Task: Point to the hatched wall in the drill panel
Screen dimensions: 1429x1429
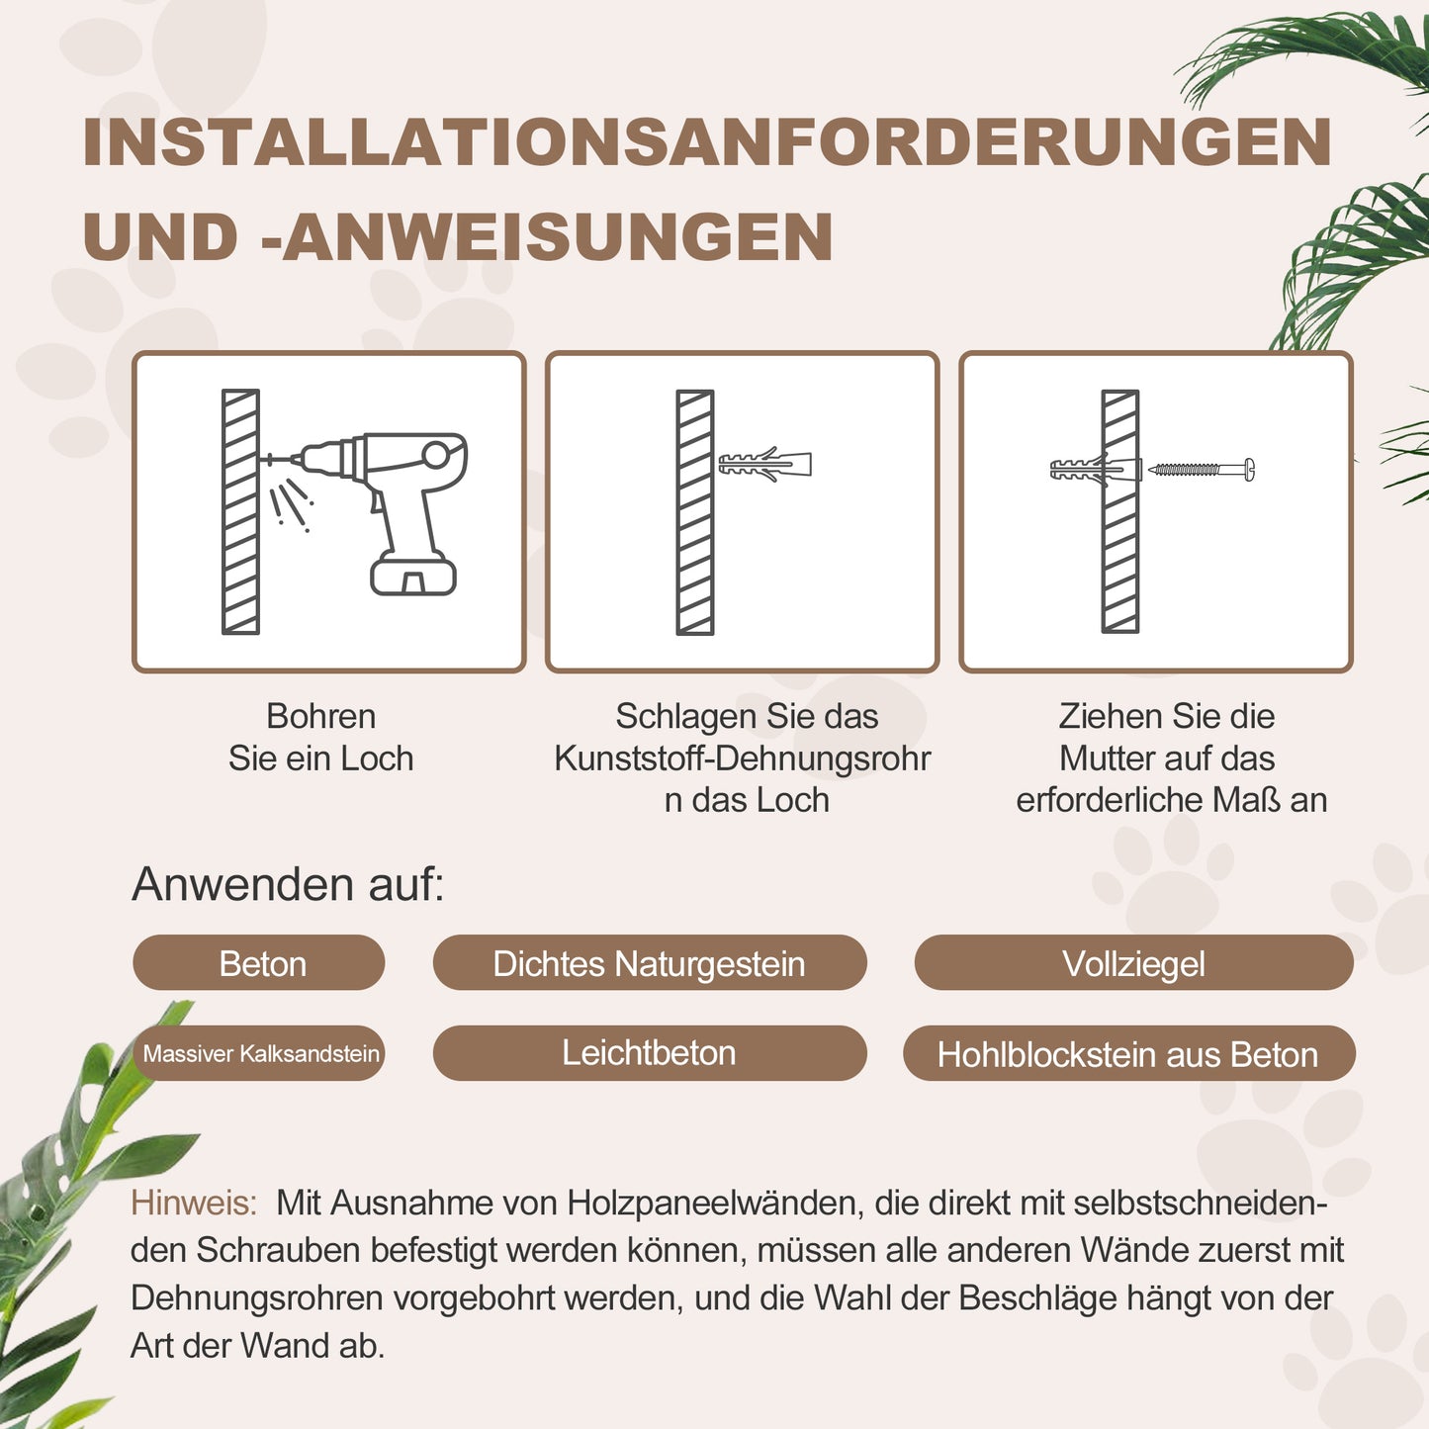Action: (240, 511)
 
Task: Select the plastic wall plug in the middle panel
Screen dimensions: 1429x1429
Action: (764, 464)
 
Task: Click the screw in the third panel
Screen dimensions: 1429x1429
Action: (1201, 469)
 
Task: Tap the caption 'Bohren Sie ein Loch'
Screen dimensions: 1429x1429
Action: (320, 737)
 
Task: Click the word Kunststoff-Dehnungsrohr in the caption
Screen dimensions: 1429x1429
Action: (742, 759)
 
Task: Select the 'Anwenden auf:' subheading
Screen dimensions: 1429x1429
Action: (288, 884)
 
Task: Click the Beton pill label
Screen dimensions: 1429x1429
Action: (259, 963)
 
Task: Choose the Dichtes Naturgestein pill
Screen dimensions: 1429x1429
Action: (649, 963)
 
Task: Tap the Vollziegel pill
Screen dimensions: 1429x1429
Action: (1133, 963)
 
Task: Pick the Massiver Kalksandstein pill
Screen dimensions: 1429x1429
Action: (259, 1053)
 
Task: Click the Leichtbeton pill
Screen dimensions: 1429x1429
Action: (649, 1053)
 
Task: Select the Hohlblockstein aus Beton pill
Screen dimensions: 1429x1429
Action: (1127, 1055)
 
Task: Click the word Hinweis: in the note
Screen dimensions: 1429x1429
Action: (194, 1204)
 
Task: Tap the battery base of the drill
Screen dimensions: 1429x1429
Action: (413, 575)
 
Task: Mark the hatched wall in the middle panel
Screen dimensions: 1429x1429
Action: (695, 511)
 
